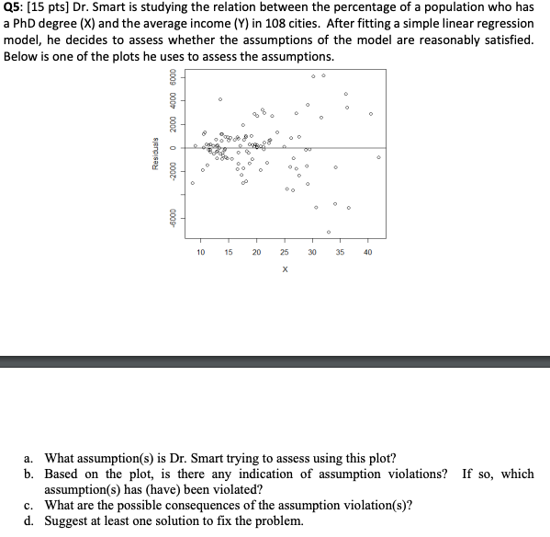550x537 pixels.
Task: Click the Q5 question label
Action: point(16,7)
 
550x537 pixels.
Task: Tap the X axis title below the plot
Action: point(285,269)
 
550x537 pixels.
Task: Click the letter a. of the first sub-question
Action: point(30,457)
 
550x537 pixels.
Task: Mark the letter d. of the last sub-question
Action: point(30,520)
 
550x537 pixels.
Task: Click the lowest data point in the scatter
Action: point(328,232)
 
